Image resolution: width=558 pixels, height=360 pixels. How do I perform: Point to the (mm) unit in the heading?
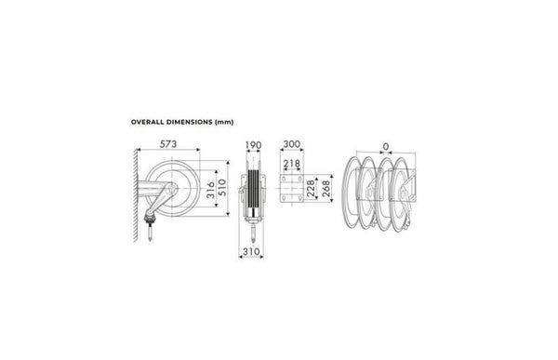point(224,122)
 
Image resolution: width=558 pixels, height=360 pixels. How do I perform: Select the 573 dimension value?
point(168,144)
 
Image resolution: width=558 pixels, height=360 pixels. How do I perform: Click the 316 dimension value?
point(211,190)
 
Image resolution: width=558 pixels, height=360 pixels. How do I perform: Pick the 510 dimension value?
point(222,188)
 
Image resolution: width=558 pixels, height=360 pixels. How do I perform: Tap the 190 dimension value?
point(253,145)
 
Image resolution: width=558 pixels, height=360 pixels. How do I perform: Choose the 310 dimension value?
point(251,252)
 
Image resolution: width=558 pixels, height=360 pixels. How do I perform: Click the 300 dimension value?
point(292,144)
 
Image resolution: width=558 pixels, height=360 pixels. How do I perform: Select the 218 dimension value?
point(292,164)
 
